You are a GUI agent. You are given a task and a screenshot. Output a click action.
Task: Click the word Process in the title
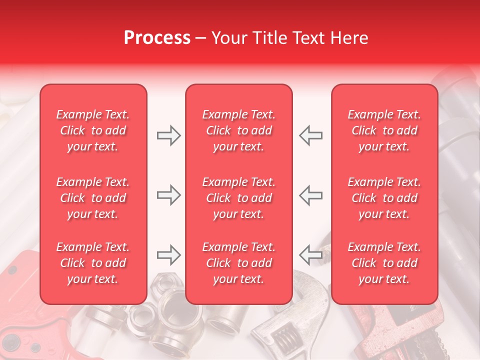(157, 38)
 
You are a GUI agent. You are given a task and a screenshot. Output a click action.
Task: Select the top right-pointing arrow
(168, 135)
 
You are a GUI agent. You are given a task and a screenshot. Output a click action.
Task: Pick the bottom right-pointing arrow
(168, 255)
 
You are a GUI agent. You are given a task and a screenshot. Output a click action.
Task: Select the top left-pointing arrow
(311, 135)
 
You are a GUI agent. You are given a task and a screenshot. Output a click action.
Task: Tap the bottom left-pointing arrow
(311, 255)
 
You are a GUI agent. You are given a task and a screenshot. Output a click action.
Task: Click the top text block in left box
(93, 130)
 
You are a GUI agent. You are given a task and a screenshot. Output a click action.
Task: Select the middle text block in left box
(93, 198)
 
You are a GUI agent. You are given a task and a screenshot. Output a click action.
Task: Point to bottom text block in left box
(93, 263)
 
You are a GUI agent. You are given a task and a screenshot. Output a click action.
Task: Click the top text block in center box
(239, 130)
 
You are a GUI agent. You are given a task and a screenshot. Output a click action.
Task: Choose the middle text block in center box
(239, 198)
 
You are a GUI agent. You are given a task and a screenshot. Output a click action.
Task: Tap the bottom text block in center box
(239, 263)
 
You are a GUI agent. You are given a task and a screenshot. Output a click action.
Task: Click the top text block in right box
(384, 130)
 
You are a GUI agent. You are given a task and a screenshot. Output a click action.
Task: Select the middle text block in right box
(384, 198)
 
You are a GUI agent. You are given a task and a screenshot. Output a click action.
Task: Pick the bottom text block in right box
(384, 263)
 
